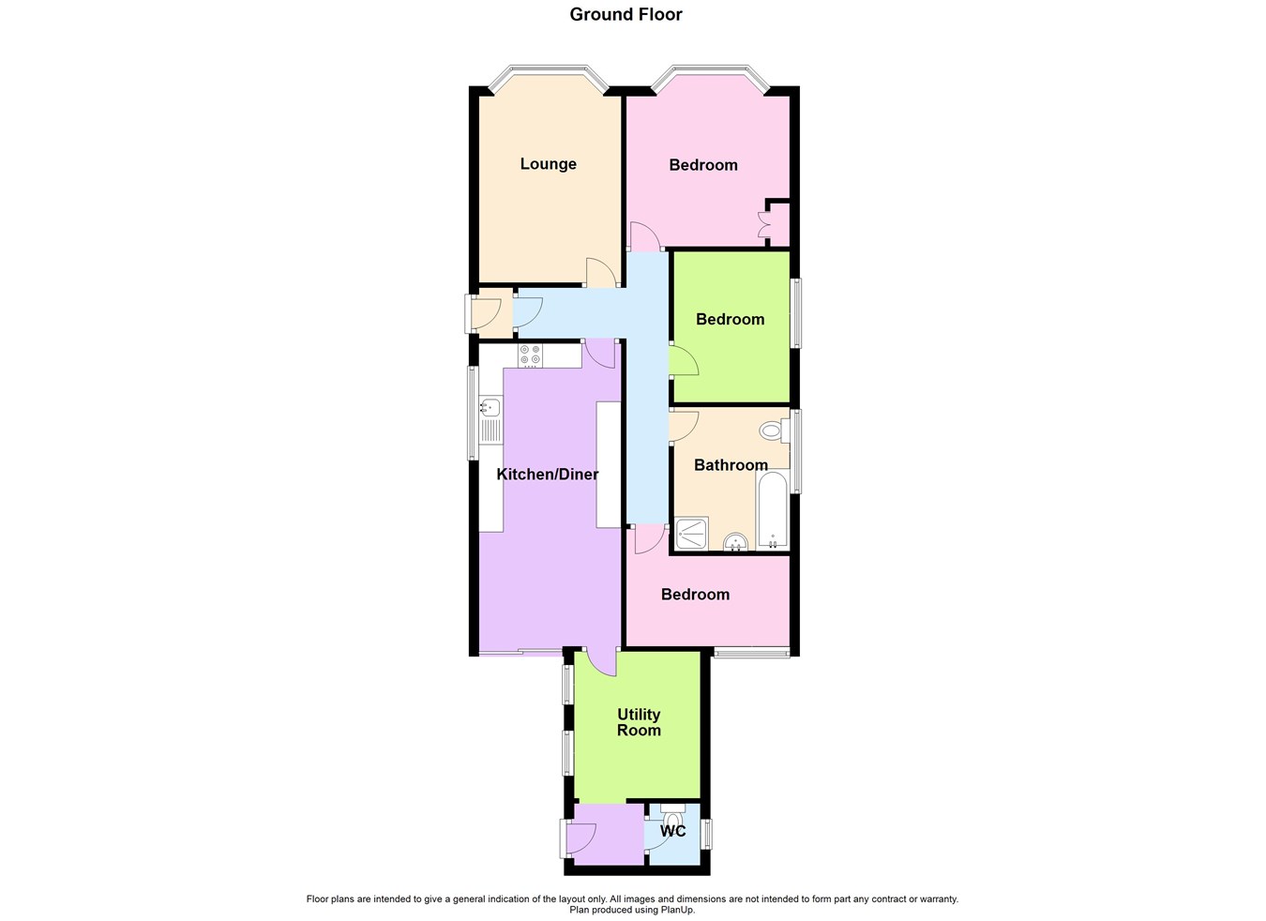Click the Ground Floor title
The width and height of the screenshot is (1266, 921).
625,14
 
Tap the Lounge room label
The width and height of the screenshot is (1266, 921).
548,164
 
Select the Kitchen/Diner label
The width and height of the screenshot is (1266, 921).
547,475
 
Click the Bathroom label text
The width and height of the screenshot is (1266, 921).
731,465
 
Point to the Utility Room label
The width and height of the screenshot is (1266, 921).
639,722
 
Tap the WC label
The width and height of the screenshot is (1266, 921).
673,831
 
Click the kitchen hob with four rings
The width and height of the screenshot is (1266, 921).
530,355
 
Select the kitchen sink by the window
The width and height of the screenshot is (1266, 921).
490,408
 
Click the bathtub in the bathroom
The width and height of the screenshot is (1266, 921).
773,510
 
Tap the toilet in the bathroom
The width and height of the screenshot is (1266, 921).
772,431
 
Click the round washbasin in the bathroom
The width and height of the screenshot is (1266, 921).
736,541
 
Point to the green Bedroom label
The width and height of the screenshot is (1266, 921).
730,320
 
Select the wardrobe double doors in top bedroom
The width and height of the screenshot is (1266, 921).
763,225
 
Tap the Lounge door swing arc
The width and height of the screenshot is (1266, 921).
599,272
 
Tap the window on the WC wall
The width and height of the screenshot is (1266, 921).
708,833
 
